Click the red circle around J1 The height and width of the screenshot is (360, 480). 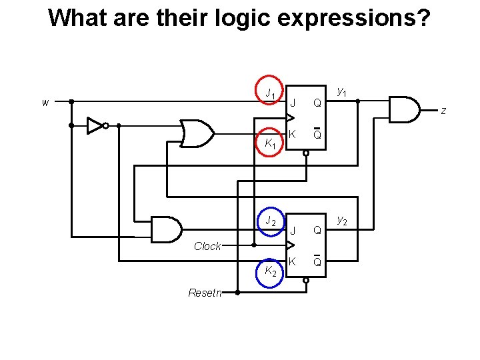tap(270, 93)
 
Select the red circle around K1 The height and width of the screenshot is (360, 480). tap(270, 142)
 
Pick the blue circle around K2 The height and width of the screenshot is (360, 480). tap(270, 271)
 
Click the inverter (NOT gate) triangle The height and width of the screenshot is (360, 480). tap(95, 125)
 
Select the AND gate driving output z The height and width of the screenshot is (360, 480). tap(404, 110)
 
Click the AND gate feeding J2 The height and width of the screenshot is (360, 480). tap(167, 229)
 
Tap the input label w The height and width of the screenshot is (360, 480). tap(45, 102)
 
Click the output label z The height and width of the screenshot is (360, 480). tap(443, 110)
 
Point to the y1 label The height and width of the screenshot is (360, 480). tap(341, 90)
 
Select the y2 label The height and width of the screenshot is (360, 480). tap(341, 219)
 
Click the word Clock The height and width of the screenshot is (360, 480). tap(207, 246)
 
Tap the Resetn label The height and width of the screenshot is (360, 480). tap(205, 292)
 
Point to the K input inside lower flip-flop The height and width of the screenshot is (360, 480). tap(293, 262)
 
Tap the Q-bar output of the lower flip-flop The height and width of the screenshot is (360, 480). tap(317, 262)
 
